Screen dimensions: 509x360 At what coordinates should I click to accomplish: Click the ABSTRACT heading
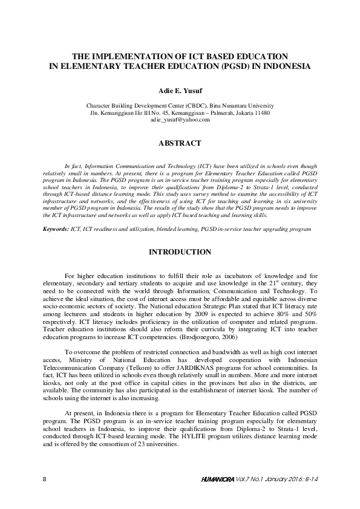[180, 144]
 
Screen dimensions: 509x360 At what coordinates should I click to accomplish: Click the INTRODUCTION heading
[180, 251]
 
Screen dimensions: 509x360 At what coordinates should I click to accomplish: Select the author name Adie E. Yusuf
[180, 90]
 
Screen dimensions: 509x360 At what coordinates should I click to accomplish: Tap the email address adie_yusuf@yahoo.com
[180, 120]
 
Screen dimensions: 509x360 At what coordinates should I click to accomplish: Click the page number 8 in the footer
[45, 479]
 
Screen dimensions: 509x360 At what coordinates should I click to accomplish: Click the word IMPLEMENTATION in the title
[138, 54]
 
